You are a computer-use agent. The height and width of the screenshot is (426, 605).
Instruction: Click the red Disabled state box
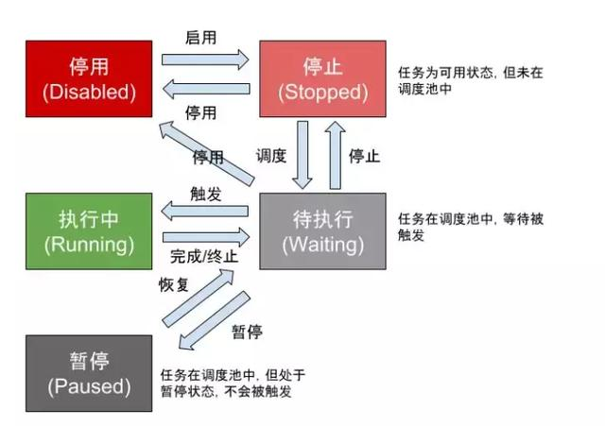[x=89, y=78]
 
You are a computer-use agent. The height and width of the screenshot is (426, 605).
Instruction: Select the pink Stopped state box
[x=322, y=78]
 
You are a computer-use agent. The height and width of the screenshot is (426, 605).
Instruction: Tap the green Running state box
[x=89, y=230]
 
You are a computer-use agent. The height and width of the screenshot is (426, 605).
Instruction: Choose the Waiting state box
[x=322, y=231]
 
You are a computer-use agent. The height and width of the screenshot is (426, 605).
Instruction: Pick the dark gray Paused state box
[x=89, y=373]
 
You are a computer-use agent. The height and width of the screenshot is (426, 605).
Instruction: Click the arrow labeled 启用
[x=204, y=60]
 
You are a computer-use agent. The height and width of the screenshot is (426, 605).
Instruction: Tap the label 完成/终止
[x=204, y=256]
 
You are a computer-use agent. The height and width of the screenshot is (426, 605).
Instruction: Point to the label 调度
[x=271, y=156]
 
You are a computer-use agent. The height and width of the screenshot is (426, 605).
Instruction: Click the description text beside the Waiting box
[x=472, y=227]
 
